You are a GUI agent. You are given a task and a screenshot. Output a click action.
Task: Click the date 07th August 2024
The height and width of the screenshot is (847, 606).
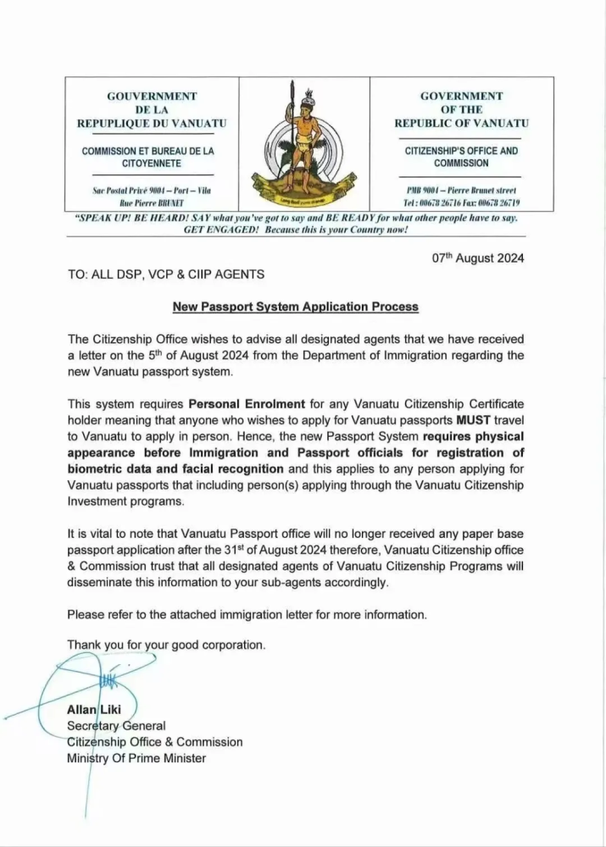pyautogui.click(x=478, y=259)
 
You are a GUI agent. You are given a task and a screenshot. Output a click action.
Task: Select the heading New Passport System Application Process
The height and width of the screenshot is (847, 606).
pyautogui.click(x=303, y=307)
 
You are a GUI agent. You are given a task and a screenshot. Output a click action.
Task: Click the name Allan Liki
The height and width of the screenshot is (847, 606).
pyautogui.click(x=96, y=711)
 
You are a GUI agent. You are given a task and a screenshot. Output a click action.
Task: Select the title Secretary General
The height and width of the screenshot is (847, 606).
pyautogui.click(x=117, y=726)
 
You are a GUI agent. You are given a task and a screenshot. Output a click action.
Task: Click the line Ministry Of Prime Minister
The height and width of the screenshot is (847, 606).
pyautogui.click(x=136, y=758)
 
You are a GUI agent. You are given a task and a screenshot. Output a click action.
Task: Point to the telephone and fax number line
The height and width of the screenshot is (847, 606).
pyautogui.click(x=462, y=203)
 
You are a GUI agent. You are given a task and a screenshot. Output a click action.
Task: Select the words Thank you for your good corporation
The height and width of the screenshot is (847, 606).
pyautogui.click(x=167, y=645)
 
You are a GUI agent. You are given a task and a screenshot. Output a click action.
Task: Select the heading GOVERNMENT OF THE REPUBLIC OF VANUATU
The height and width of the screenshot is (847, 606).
pyautogui.click(x=461, y=109)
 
